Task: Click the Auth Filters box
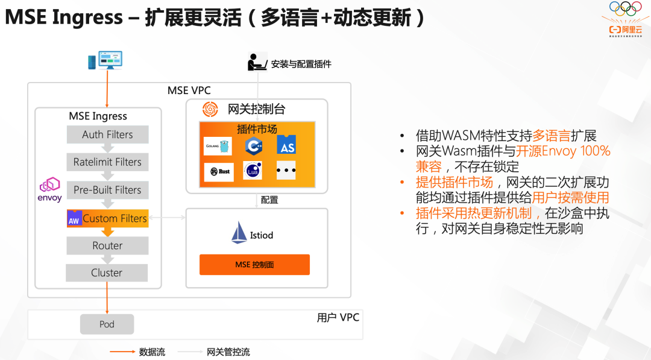[107, 134]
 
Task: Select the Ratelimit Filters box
[107, 162]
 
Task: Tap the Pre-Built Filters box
[107, 189]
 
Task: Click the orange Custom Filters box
[107, 218]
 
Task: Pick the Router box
[107, 245]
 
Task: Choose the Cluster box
[107, 273]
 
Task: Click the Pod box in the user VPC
[107, 324]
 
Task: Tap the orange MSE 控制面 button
[254, 265]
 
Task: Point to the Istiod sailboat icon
[239, 233]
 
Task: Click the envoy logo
[49, 189]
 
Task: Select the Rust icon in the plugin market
[219, 171]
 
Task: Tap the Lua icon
[252, 171]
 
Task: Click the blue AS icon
[286, 145]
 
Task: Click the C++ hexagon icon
[253, 145]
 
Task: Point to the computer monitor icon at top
[105, 60]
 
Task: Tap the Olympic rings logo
[625, 8]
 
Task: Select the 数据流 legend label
[152, 352]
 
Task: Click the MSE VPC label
[189, 90]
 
